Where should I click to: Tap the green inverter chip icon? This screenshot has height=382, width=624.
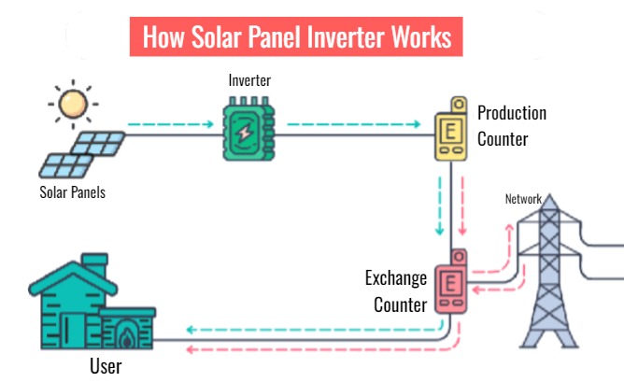point(244,131)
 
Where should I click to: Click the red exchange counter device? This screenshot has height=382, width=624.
point(451,285)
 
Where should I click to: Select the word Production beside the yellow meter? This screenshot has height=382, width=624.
point(512,113)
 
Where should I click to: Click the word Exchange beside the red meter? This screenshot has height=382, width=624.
point(396,278)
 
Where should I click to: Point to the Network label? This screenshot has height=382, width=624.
point(523,199)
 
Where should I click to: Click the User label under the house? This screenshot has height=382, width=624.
point(106,366)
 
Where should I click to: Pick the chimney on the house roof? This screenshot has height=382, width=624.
point(93,262)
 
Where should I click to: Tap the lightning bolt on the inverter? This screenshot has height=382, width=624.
point(244,132)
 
